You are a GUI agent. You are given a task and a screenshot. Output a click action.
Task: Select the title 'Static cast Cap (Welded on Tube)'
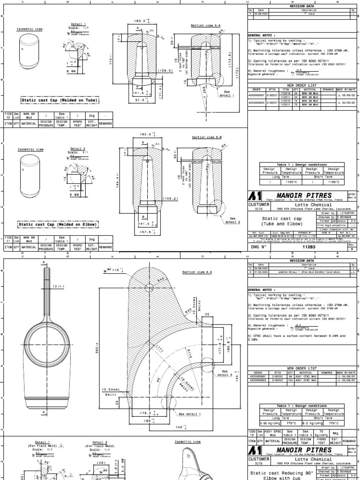point(52,100)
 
